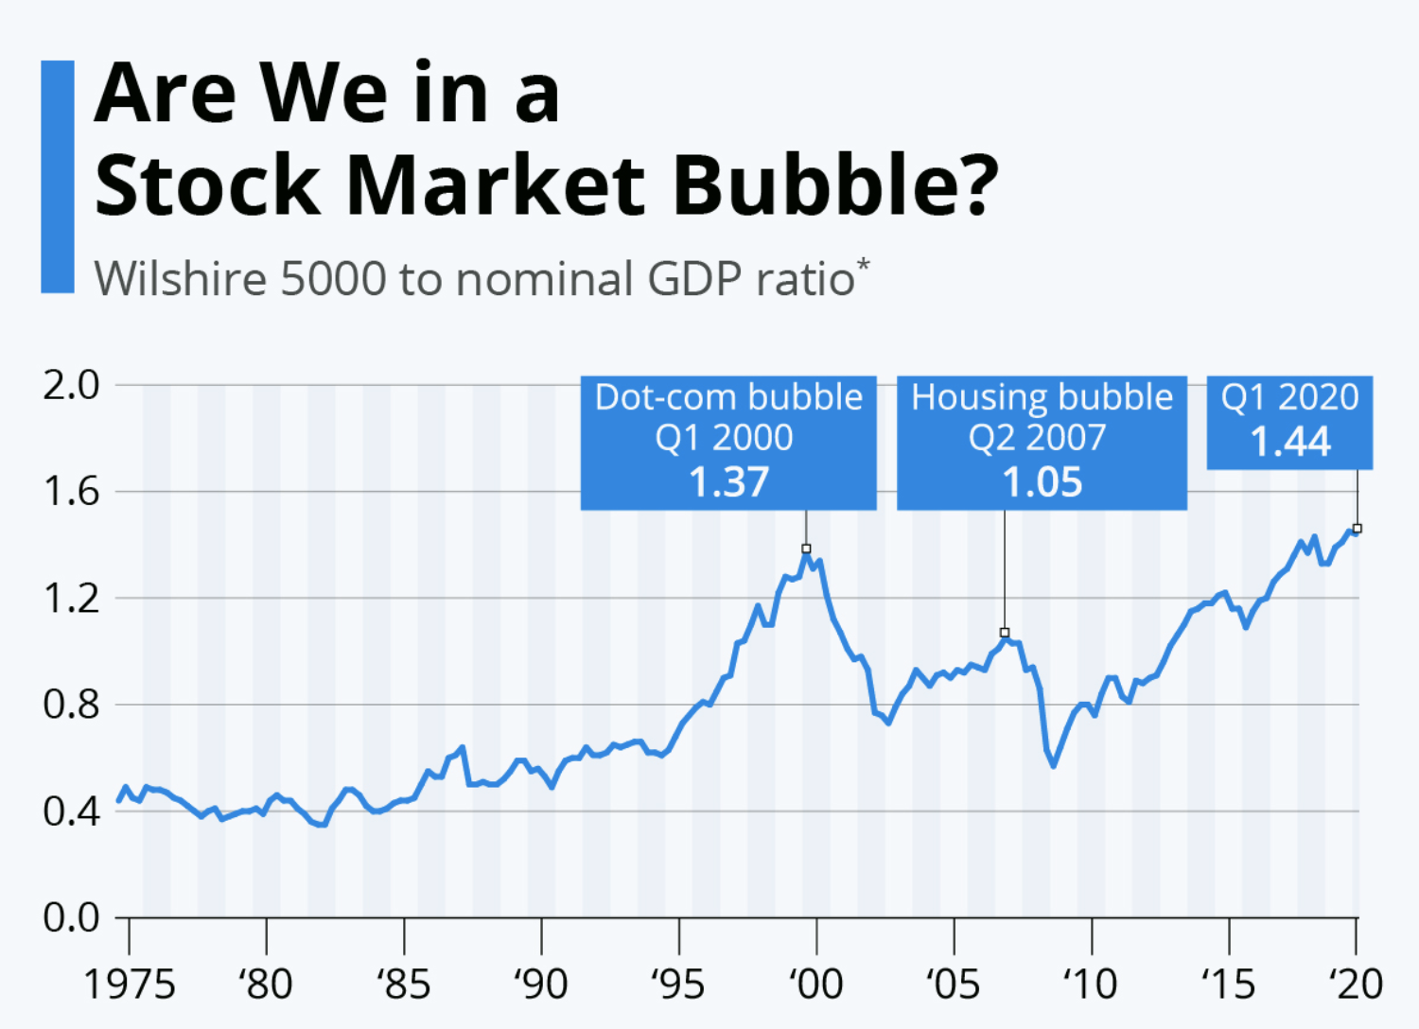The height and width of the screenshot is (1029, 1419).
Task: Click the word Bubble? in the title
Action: tap(835, 184)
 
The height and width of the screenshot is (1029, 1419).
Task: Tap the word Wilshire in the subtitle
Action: tap(180, 279)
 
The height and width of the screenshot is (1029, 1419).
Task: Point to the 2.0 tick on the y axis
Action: tap(71, 385)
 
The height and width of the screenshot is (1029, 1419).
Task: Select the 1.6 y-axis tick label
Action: tap(71, 492)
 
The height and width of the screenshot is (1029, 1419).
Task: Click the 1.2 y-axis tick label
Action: tap(71, 599)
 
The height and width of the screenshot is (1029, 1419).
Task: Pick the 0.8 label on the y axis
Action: tap(71, 705)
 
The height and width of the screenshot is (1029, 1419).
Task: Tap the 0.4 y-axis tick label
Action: tap(71, 811)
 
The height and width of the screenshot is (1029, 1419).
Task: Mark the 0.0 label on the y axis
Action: tap(71, 917)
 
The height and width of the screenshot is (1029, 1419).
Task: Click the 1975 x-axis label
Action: tap(130, 985)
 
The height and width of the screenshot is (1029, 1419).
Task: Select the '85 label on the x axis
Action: tap(404, 985)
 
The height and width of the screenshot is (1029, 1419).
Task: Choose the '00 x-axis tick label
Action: tap(815, 985)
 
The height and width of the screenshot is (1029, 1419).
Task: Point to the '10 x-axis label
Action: tap(1090, 985)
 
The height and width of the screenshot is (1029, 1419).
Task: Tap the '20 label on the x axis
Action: tap(1357, 985)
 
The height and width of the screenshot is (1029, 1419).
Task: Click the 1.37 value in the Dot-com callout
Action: tap(728, 482)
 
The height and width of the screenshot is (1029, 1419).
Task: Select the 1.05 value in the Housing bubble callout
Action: tap(1042, 482)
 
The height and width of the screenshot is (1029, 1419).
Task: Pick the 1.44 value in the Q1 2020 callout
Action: tap(1290, 442)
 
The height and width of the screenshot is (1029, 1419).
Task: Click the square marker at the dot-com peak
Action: tap(806, 549)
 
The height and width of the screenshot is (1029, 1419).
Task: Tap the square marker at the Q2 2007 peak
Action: tap(1005, 633)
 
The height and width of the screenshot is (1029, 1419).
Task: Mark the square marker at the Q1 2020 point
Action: tap(1358, 529)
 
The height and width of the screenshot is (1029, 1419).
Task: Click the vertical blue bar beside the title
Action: tap(58, 177)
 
